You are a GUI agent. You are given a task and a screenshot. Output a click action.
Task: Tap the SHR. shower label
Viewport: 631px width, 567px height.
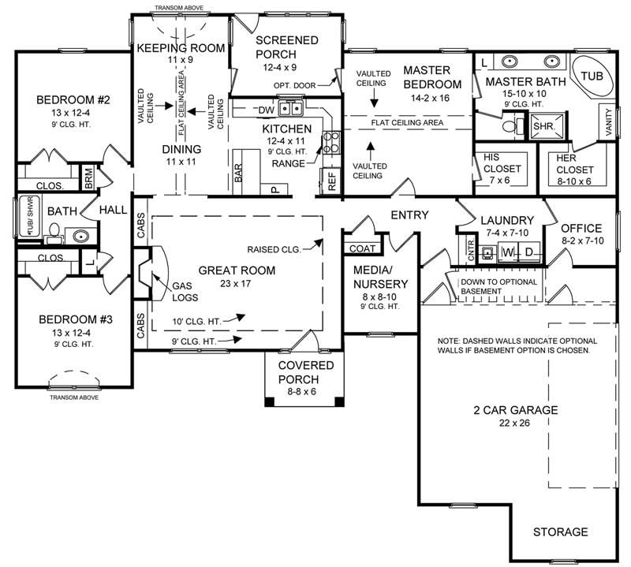coord(543,125)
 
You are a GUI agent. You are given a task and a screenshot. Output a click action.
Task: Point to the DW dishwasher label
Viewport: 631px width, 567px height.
coord(265,110)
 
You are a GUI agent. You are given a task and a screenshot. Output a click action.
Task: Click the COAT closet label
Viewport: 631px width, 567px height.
coord(361,248)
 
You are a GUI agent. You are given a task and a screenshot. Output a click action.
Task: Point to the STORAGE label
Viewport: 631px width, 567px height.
coord(560,532)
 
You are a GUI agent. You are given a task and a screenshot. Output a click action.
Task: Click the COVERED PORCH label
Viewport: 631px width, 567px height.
coord(306,371)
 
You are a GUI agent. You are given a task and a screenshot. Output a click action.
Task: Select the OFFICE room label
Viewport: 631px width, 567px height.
coord(582,228)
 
